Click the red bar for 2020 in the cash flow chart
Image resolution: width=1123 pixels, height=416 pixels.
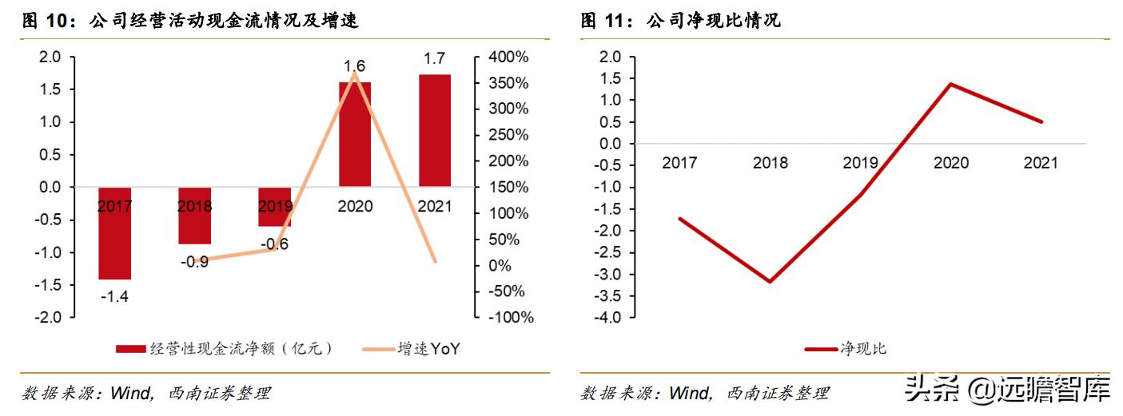[x=355, y=133]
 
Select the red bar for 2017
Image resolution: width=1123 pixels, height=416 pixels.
[x=115, y=233]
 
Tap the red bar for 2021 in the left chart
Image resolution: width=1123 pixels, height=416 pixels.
[x=435, y=130]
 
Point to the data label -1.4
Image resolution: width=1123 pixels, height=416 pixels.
[x=115, y=297]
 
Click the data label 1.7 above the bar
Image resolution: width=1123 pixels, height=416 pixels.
[x=435, y=57]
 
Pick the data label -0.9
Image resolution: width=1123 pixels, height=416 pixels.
[x=194, y=261]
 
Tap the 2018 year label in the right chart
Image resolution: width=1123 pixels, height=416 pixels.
[x=771, y=164]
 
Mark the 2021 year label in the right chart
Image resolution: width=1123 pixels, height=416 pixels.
[x=1041, y=164]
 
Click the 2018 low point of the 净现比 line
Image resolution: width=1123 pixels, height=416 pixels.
[x=771, y=282]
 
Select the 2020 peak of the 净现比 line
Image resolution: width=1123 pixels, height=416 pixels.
[x=951, y=84]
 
